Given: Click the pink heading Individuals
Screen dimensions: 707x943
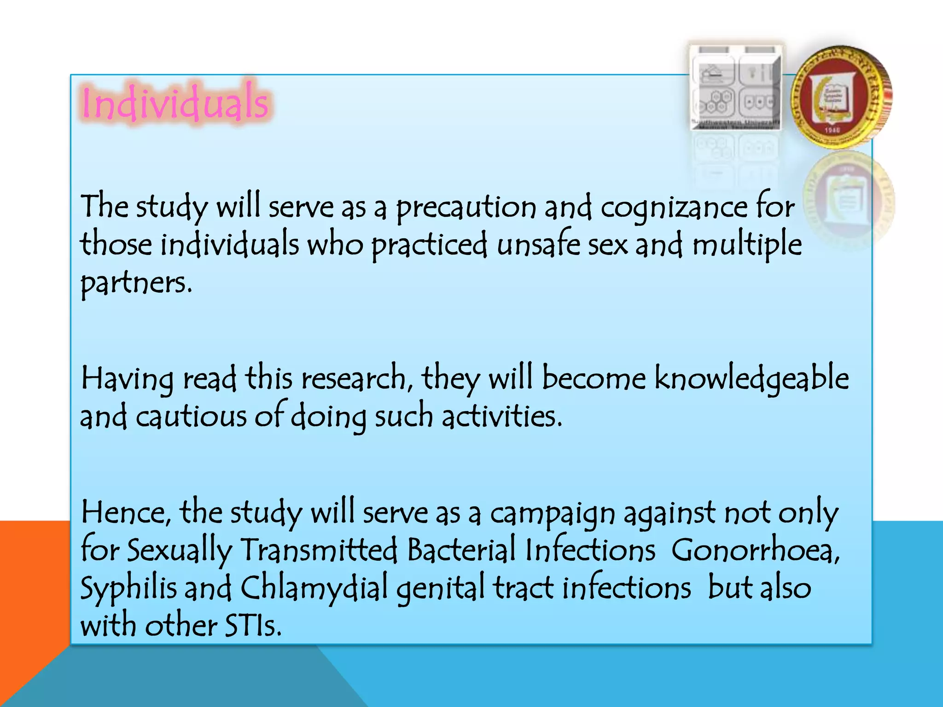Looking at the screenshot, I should click(175, 103).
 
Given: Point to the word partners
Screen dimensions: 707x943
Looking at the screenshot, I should click(136, 283).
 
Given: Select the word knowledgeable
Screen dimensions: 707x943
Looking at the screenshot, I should click(751, 379).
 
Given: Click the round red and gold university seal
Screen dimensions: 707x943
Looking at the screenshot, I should click(842, 97).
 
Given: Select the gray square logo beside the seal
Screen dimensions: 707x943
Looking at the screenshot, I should click(736, 87).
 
